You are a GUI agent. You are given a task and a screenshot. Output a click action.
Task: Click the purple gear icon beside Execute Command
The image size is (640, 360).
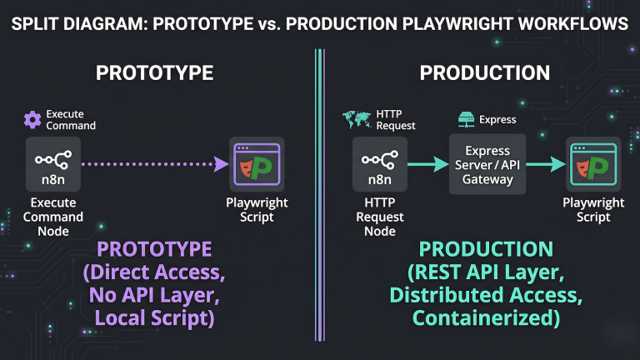pos(32,119)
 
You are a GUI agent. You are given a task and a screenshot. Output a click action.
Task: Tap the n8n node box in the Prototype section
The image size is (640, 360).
pos(52,164)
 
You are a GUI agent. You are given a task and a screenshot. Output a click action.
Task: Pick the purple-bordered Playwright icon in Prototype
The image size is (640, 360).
pos(256,164)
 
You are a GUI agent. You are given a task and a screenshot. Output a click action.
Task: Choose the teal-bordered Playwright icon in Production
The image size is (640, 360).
pos(590,164)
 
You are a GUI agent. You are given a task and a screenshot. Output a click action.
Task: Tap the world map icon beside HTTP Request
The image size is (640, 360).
pos(357,119)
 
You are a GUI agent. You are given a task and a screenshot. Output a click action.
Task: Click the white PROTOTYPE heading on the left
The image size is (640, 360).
pos(154,72)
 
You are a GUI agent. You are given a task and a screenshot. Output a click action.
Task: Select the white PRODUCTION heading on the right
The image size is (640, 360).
pos(484,72)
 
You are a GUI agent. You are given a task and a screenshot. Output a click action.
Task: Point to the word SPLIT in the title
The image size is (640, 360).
pos(36,24)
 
